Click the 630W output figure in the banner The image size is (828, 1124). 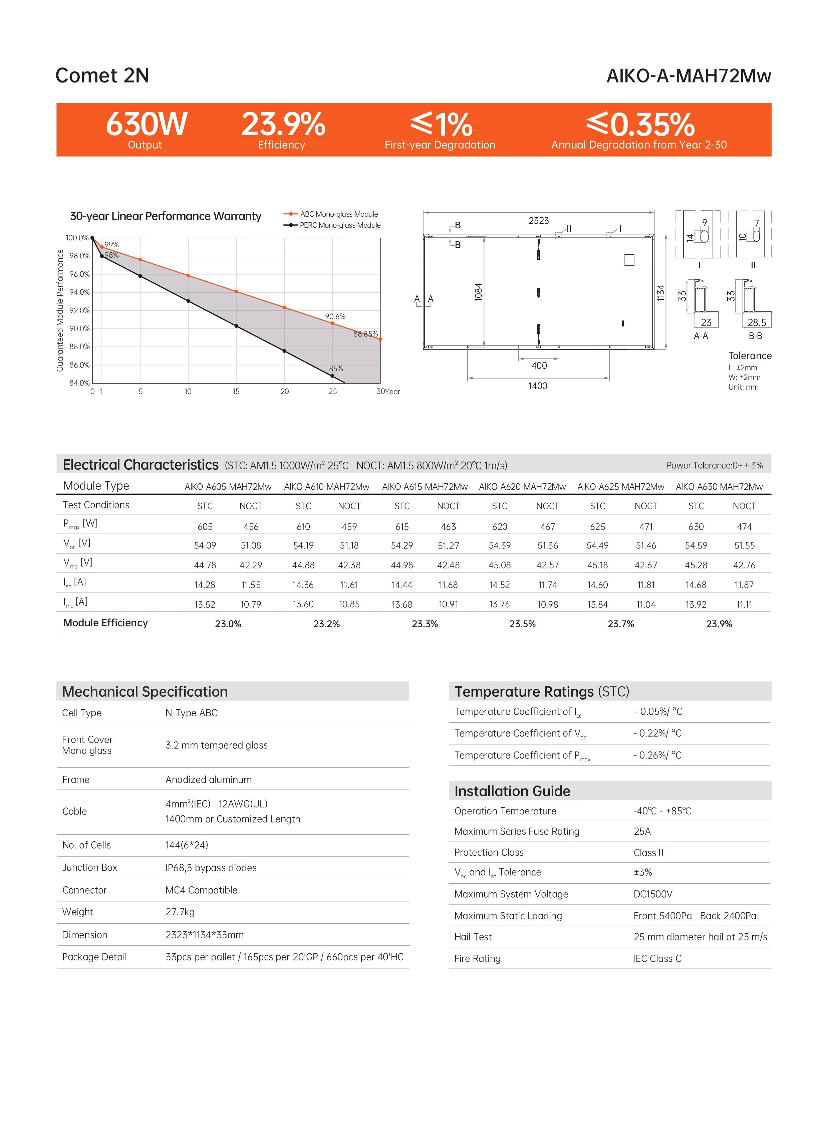147,124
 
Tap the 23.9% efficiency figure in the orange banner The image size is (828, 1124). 283,124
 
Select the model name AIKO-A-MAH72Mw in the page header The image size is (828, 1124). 688,76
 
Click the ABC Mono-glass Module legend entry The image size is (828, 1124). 338,214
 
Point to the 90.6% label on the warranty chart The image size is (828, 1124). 335,316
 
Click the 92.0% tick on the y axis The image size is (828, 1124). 79,310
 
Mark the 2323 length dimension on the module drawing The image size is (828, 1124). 538,221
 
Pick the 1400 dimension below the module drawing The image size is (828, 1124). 537,386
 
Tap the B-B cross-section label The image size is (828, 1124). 755,336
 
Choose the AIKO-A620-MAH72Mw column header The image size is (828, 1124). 522,486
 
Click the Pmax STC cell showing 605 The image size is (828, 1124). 205,526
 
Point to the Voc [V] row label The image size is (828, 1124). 77,543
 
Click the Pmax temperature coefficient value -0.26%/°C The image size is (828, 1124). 657,755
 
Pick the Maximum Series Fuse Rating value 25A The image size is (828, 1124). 642,831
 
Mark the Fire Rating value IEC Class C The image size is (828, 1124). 657,958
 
